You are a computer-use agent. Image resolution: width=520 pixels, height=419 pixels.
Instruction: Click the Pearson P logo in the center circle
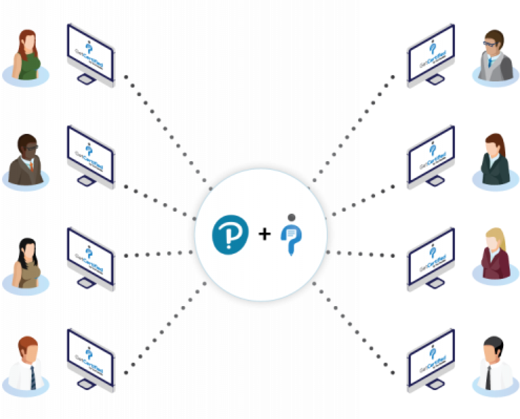click(x=230, y=234)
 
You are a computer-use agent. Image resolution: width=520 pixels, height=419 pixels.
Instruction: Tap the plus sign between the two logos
click(x=265, y=234)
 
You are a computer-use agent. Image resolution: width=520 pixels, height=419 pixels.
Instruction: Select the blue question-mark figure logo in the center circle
click(x=291, y=235)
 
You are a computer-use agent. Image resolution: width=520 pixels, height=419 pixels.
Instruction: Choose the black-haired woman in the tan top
click(x=27, y=262)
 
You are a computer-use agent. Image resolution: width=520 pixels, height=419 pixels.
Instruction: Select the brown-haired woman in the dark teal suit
click(x=495, y=159)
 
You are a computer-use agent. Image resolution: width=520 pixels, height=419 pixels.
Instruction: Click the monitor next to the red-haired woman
click(x=90, y=55)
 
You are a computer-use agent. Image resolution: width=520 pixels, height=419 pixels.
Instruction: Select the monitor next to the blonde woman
click(x=431, y=259)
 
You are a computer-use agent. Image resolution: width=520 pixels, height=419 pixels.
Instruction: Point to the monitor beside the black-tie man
click(x=431, y=360)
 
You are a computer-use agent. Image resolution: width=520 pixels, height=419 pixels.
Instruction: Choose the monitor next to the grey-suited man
click(x=431, y=55)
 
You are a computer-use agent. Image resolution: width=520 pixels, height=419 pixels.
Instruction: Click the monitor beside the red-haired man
click(x=90, y=360)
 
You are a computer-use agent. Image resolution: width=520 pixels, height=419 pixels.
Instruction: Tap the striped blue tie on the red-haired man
click(x=32, y=378)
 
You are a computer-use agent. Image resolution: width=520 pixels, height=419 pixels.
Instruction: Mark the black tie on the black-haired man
click(x=488, y=378)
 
